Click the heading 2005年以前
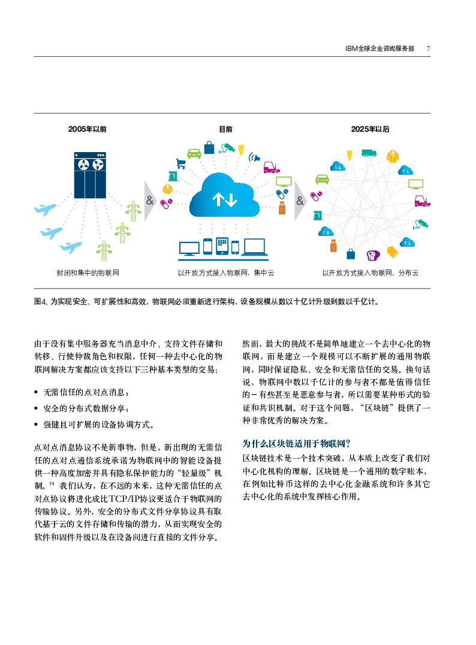pos(88,129)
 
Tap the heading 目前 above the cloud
pos(226,129)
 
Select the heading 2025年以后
pos(370,129)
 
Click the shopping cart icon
pos(180,163)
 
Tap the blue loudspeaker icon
pos(255,158)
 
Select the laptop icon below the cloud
pos(254,247)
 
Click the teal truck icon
pos(369,153)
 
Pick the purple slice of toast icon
pos(373,255)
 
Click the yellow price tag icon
pos(393,252)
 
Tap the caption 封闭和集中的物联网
pos(88,273)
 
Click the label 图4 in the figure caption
pos(41,301)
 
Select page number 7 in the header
pos(428,49)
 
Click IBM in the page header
pos(352,49)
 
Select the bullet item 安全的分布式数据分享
pos(85,408)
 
